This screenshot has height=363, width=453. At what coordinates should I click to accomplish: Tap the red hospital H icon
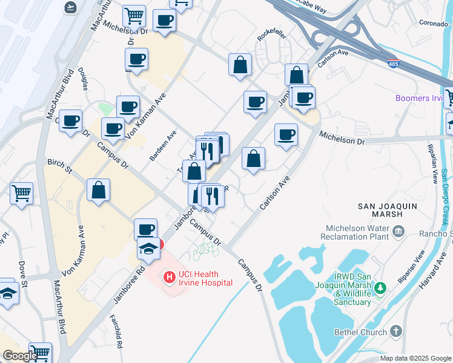pos(170,277)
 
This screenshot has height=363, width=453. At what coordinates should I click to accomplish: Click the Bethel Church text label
pos(360,332)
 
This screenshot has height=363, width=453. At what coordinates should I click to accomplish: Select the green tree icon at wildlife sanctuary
pos(380,287)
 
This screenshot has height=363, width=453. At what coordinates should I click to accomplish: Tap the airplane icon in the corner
pos(70,7)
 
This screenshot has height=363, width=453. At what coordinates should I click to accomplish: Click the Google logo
pos(19,356)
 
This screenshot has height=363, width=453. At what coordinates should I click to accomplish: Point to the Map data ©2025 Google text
pos(415,358)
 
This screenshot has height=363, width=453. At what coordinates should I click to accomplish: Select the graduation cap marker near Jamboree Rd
pos(148,247)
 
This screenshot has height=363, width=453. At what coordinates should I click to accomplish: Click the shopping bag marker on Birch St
pos(98,190)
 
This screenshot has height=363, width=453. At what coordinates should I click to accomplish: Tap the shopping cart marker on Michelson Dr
pos(134,16)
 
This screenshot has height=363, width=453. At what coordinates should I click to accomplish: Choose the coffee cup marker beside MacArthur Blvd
pos(70,121)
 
